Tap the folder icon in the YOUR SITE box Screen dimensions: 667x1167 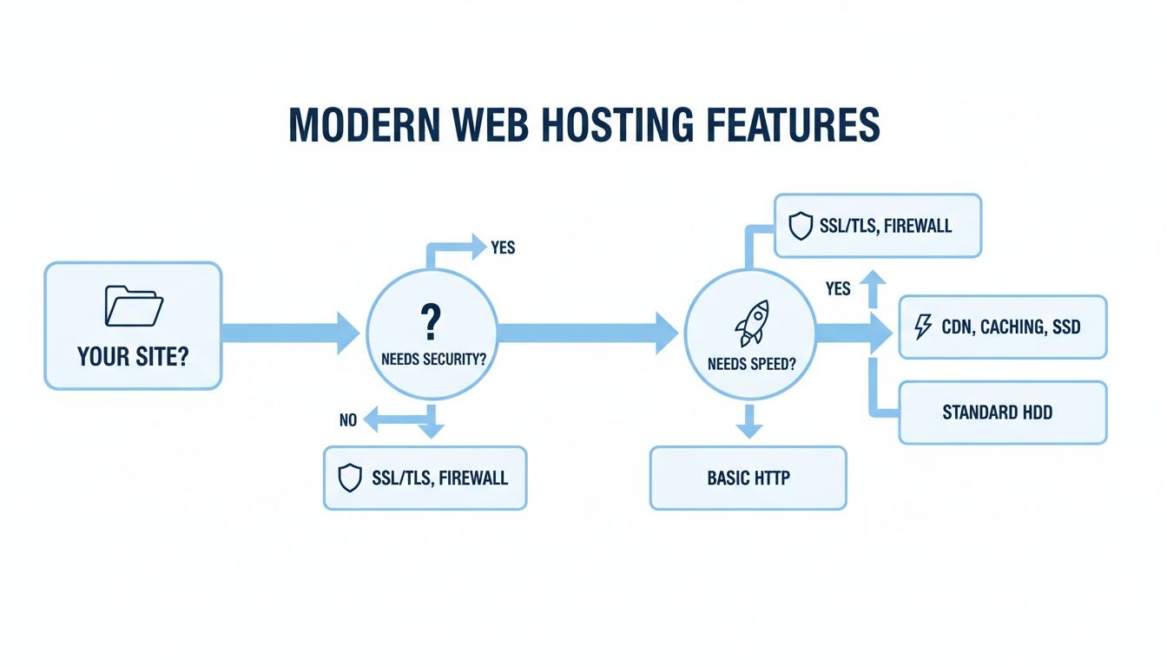click(134, 307)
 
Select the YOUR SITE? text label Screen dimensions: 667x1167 click(133, 356)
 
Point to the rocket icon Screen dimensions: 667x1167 click(751, 324)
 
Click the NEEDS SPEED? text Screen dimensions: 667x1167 click(751, 364)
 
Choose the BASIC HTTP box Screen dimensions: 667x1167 click(748, 479)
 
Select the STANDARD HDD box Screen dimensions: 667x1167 click(1003, 413)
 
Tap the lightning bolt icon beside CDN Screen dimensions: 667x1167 click(923, 327)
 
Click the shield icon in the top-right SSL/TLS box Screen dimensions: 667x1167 click(799, 227)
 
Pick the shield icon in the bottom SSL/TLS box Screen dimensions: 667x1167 click(348, 478)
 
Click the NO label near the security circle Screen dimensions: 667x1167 click(348, 420)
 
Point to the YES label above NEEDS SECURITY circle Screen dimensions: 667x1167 click(503, 248)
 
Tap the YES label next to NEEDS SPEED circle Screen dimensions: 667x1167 click(838, 288)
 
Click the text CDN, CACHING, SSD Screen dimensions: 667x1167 click(1011, 327)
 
